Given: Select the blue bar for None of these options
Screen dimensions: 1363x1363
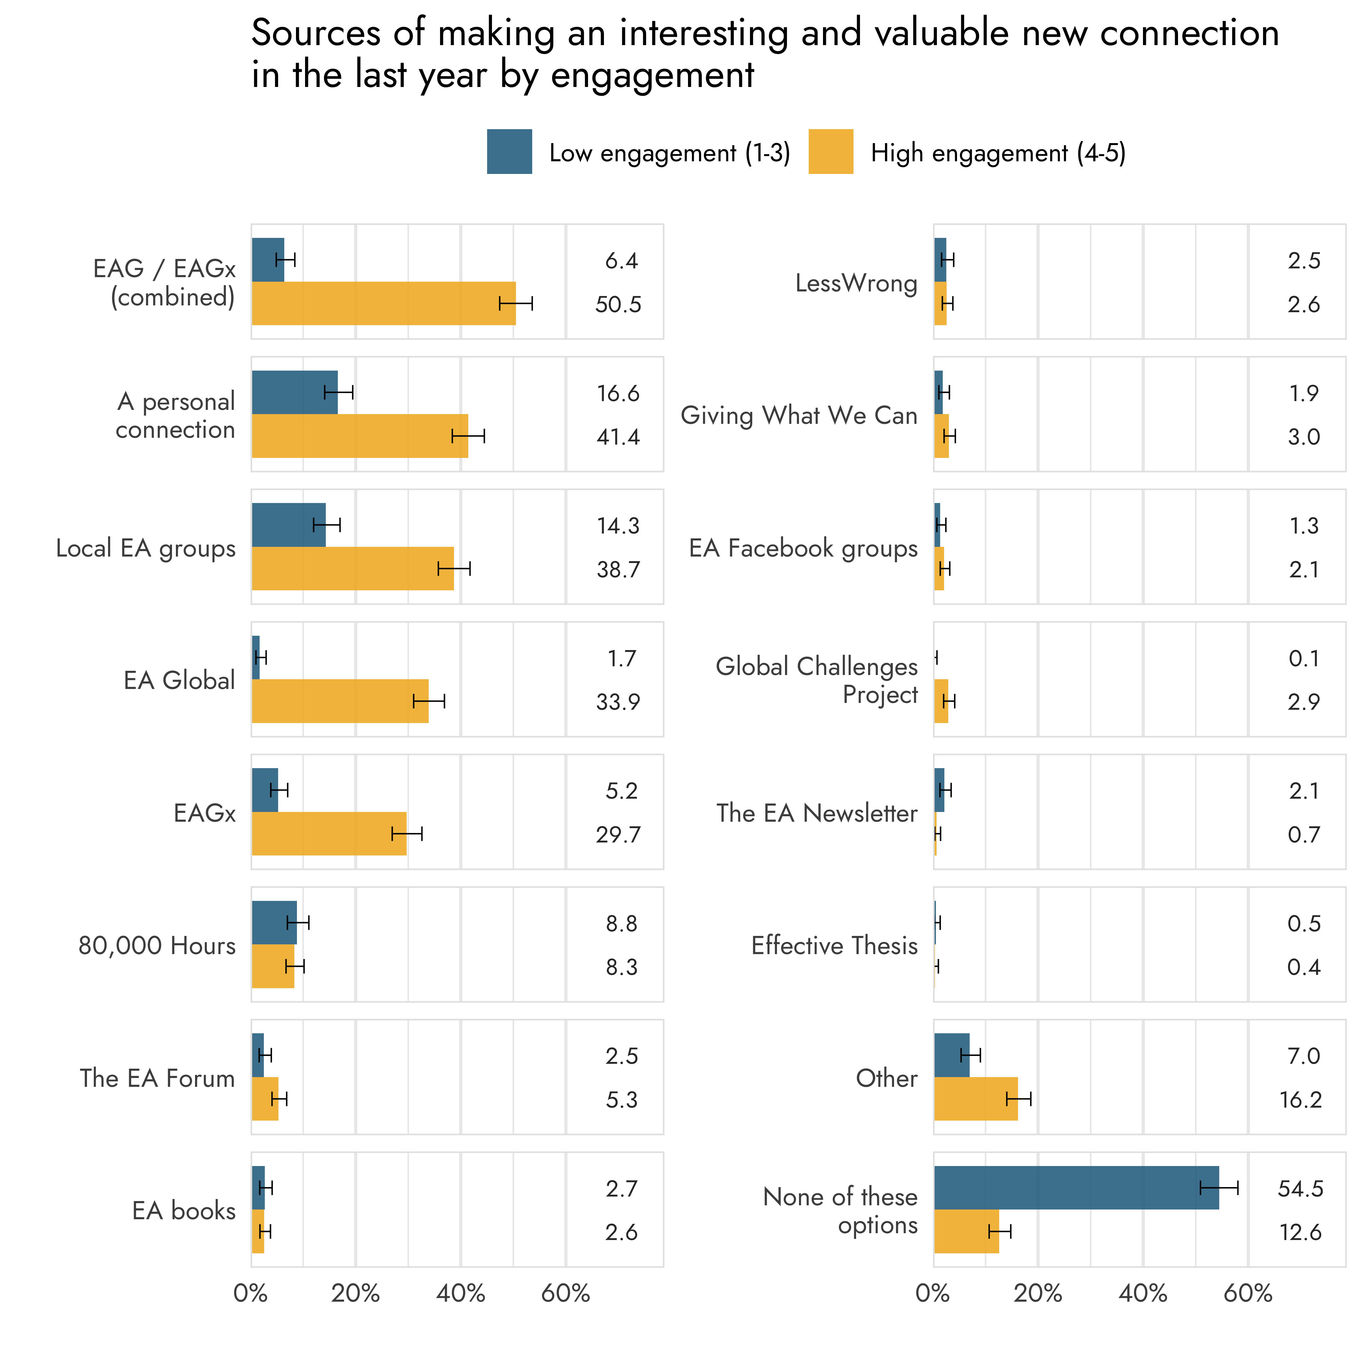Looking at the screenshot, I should coord(1076,1187).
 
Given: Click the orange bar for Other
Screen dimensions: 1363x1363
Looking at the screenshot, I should coord(976,1099).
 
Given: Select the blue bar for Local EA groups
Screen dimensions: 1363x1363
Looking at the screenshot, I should coord(289,525).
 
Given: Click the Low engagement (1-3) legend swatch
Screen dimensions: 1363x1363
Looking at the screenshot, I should coord(510,152).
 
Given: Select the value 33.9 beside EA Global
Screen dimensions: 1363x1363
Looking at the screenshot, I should coord(618,702).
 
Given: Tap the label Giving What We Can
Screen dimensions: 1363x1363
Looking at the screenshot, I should coord(799,415).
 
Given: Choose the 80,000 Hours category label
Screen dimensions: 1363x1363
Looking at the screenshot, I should coord(157,945).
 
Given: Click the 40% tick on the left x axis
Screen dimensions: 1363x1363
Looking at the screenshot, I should coord(461,1293).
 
